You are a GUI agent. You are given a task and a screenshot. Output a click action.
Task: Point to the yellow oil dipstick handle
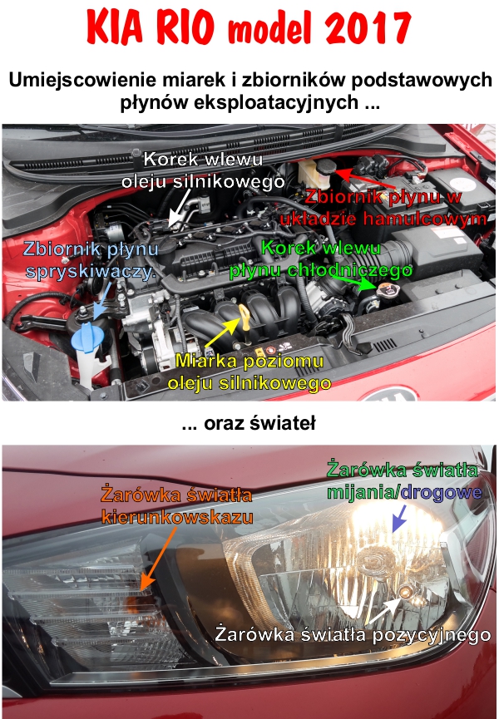pyautogui.click(x=245, y=318)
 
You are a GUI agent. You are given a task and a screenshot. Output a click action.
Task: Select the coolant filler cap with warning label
pyautogui.click(x=387, y=289)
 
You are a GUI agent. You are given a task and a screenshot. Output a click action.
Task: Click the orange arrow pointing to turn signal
pyautogui.click(x=158, y=558)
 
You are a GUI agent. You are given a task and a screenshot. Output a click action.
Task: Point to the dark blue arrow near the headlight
pyautogui.click(x=399, y=518)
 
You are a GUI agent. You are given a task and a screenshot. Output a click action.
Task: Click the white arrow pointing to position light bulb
pyautogui.click(x=385, y=610)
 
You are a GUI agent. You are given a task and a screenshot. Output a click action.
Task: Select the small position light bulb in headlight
pyautogui.click(x=405, y=593)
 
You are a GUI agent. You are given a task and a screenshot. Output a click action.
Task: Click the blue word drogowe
pyautogui.click(x=441, y=492)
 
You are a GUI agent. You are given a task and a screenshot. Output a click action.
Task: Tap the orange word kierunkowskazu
pyautogui.click(x=177, y=517)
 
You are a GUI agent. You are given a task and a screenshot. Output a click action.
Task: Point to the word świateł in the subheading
pyautogui.click(x=282, y=423)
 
